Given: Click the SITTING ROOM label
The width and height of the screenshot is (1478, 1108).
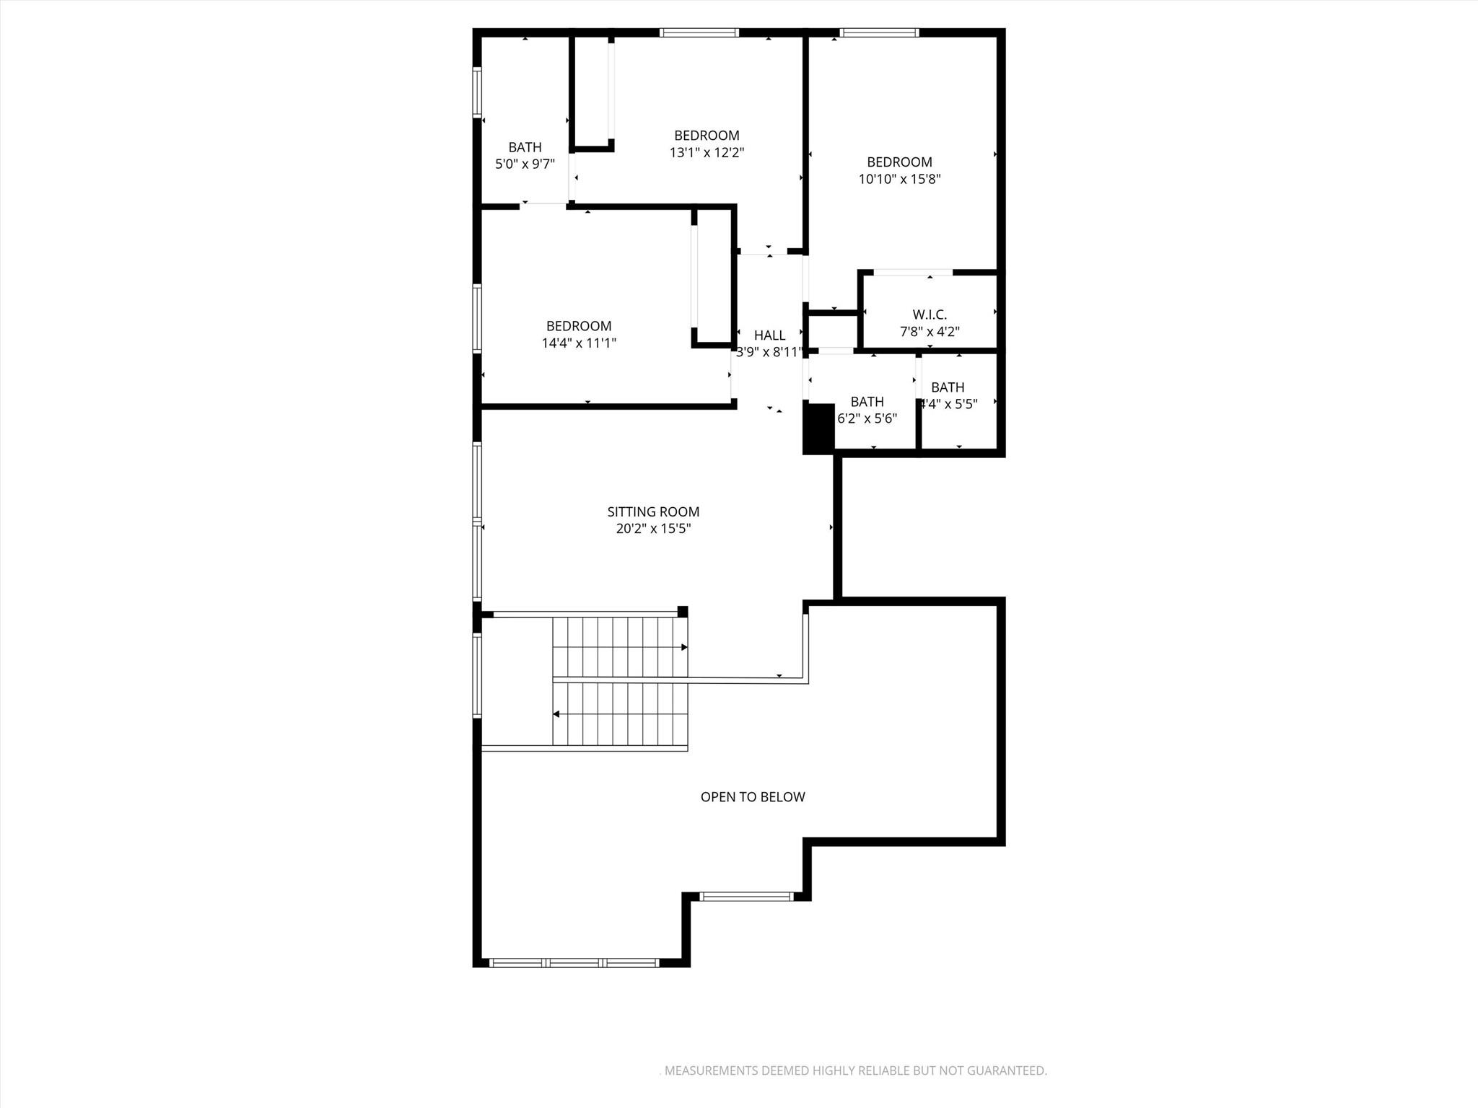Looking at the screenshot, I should tap(653, 512).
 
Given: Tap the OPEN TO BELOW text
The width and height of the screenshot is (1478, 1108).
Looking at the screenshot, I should tap(753, 797).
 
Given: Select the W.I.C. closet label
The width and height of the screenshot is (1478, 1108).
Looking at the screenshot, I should tap(930, 315).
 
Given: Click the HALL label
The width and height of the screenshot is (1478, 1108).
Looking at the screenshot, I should tap(769, 335).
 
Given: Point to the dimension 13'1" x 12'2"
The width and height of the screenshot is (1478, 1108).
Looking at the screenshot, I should tap(707, 153).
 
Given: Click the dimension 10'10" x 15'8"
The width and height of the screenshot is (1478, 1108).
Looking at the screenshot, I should tap(899, 180).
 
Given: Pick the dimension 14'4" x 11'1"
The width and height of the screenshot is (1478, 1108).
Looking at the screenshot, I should tap(579, 343).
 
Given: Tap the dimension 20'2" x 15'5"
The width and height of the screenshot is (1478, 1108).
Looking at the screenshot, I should tap(653, 529).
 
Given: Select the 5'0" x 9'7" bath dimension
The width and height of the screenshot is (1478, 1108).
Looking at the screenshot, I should tap(525, 164).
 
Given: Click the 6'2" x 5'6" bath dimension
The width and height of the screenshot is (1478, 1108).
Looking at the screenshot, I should tap(867, 418).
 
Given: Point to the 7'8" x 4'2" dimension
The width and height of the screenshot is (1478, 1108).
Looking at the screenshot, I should tap(930, 332).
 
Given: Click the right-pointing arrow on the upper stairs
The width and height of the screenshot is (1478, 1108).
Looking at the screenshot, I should tap(683, 648).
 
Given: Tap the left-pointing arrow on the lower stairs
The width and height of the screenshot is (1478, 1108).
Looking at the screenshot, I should tap(557, 714).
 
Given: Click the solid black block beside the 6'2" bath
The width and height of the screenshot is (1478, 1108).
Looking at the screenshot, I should tap(818, 428).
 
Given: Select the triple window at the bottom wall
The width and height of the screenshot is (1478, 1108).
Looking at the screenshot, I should tap(574, 962).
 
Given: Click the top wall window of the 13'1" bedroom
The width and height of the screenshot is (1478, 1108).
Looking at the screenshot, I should tap(699, 32).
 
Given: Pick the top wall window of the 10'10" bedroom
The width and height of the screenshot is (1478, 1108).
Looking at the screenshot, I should tap(879, 32).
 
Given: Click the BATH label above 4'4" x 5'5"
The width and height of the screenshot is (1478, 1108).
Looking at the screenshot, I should tap(948, 387).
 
